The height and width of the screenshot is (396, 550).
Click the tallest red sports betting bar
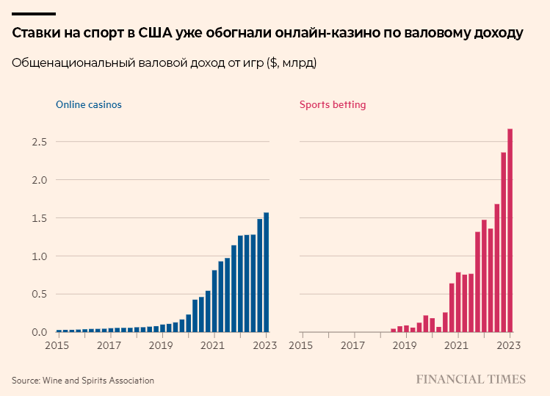tap(510, 231)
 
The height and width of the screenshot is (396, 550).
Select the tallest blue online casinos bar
tap(266, 273)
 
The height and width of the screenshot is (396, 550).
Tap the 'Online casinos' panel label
tap(89, 104)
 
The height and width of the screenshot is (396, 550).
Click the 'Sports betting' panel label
tap(333, 104)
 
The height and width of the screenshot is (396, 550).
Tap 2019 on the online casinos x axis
tap(161, 345)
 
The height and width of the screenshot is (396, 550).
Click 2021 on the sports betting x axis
tap(457, 345)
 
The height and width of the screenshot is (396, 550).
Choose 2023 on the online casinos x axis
tap(266, 345)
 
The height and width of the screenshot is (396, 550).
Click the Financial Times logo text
tap(471, 379)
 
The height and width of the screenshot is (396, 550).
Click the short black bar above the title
tap(34, 14)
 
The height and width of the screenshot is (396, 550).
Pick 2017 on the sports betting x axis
tap(354, 345)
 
